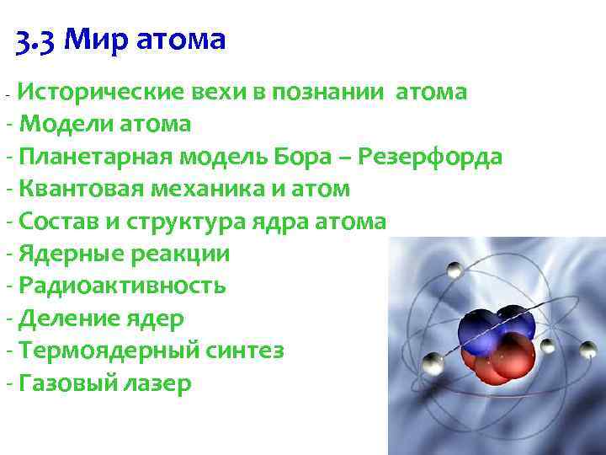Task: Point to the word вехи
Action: [x=220, y=91]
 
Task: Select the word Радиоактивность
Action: [x=122, y=286]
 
